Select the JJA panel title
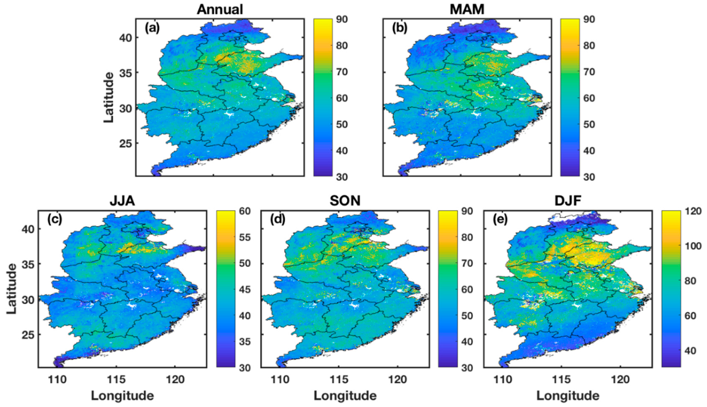click(122, 201)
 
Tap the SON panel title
click(345, 201)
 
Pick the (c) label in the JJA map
click(54, 220)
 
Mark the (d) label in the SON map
click(277, 220)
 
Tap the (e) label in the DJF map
click(500, 220)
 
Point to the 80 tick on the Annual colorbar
click(342, 46)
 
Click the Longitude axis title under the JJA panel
click(122, 396)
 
